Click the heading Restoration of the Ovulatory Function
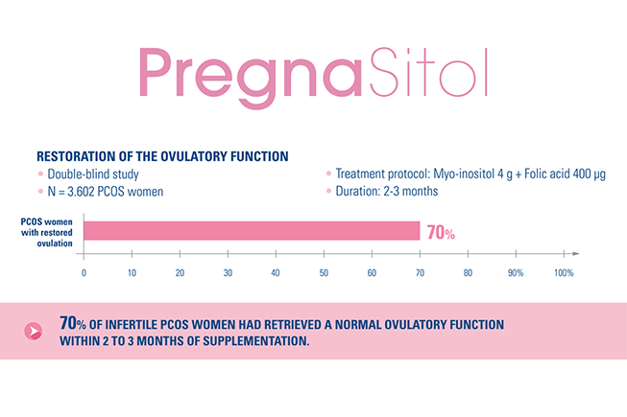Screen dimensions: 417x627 tap(161, 155)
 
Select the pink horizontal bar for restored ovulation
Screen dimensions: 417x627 tap(252, 231)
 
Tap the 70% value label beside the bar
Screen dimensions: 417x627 tap(441, 233)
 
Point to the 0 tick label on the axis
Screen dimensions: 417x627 tap(84, 273)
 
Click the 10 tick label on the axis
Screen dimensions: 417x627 tap(132, 273)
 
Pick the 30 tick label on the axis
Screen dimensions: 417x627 tap(228, 273)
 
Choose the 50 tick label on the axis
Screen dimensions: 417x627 tap(324, 273)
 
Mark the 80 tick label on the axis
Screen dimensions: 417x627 tap(468, 273)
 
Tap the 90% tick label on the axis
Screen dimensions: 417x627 tap(516, 273)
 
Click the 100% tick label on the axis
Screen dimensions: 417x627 tap(564, 273)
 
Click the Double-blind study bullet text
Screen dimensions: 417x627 tap(88, 174)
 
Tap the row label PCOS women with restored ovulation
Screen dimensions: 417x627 tap(49, 231)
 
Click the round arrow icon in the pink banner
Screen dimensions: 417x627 tap(36, 331)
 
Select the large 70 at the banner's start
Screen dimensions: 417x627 tap(69, 322)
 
